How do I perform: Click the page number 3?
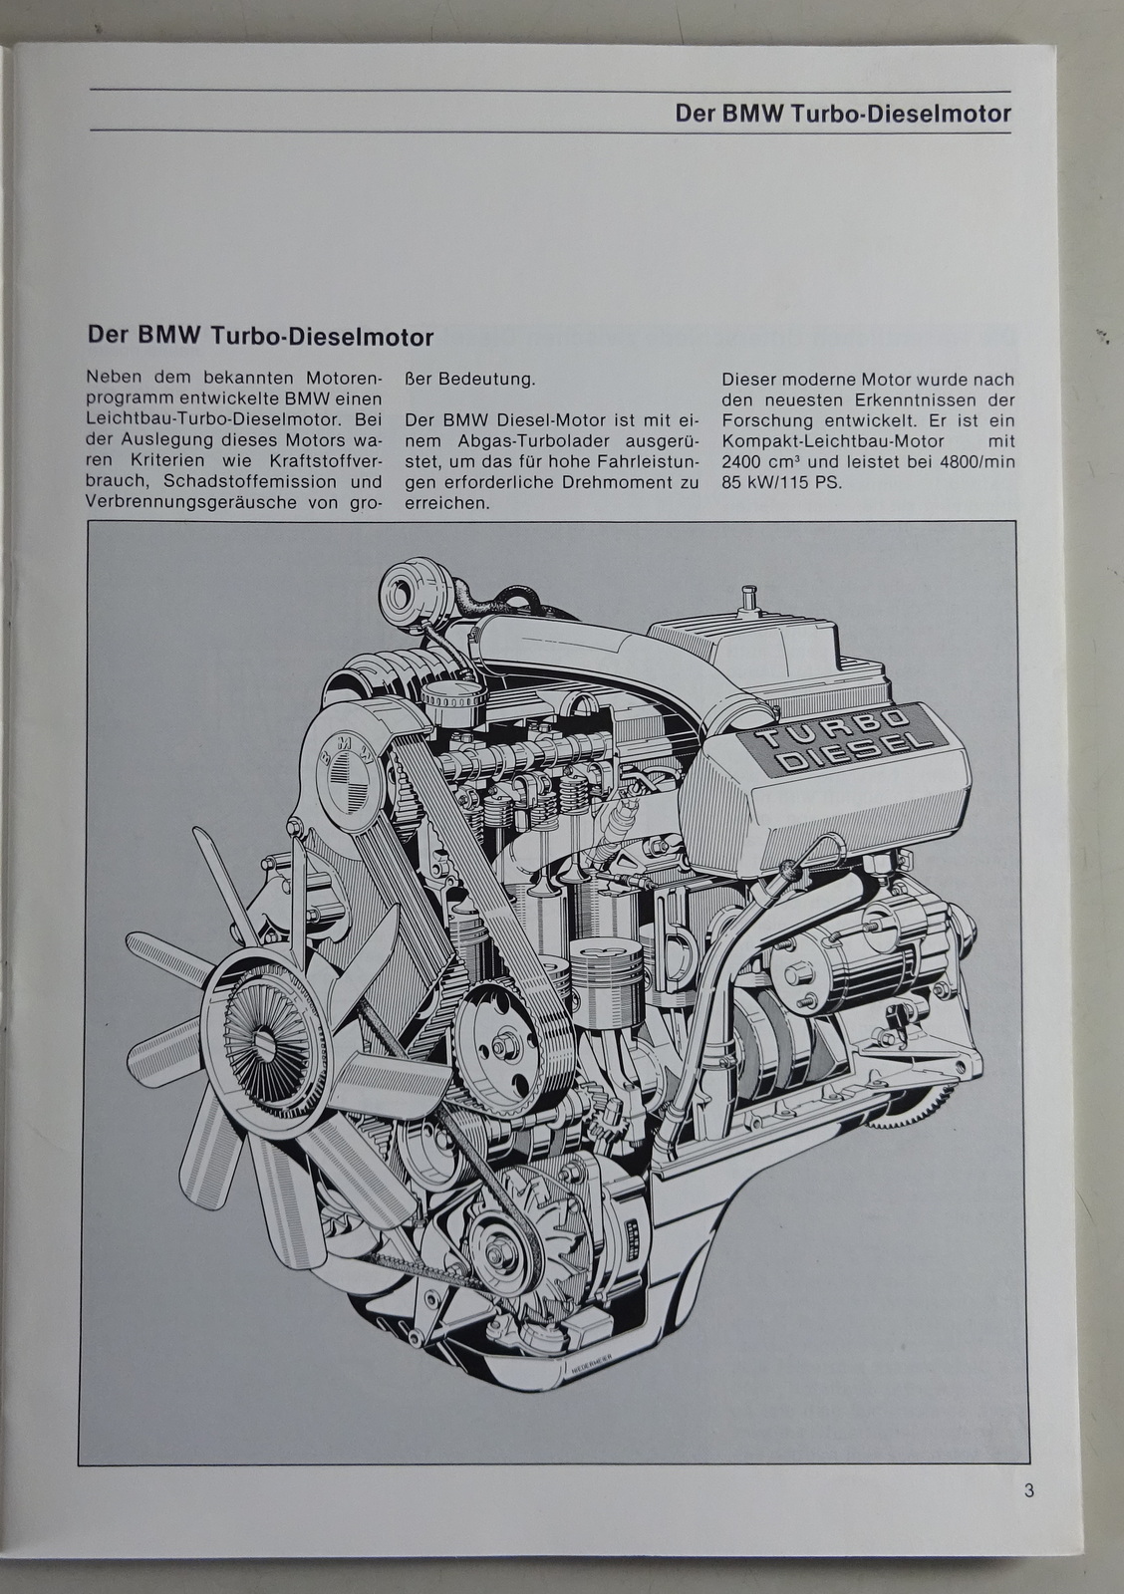coord(1028,1491)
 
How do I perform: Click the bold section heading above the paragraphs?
coord(260,336)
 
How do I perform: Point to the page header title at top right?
coord(843,113)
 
